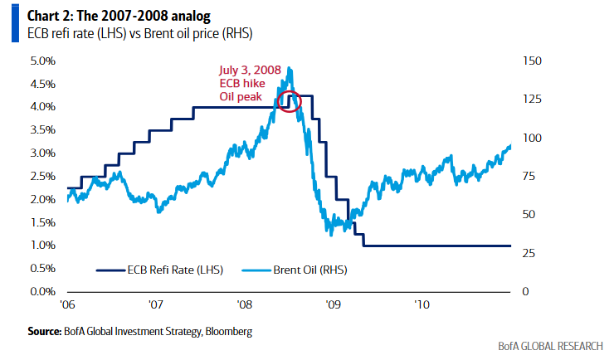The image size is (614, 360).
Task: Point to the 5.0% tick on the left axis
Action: tap(42, 61)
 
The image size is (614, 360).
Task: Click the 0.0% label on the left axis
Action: tap(42, 292)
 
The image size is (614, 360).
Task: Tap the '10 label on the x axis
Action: tap(422, 304)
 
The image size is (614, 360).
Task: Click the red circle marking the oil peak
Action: tap(290, 100)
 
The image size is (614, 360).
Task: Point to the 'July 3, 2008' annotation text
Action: tap(250, 71)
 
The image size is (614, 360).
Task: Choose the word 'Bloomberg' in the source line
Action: tap(227, 331)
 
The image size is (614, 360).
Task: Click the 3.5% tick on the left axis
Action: tap(42, 130)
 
